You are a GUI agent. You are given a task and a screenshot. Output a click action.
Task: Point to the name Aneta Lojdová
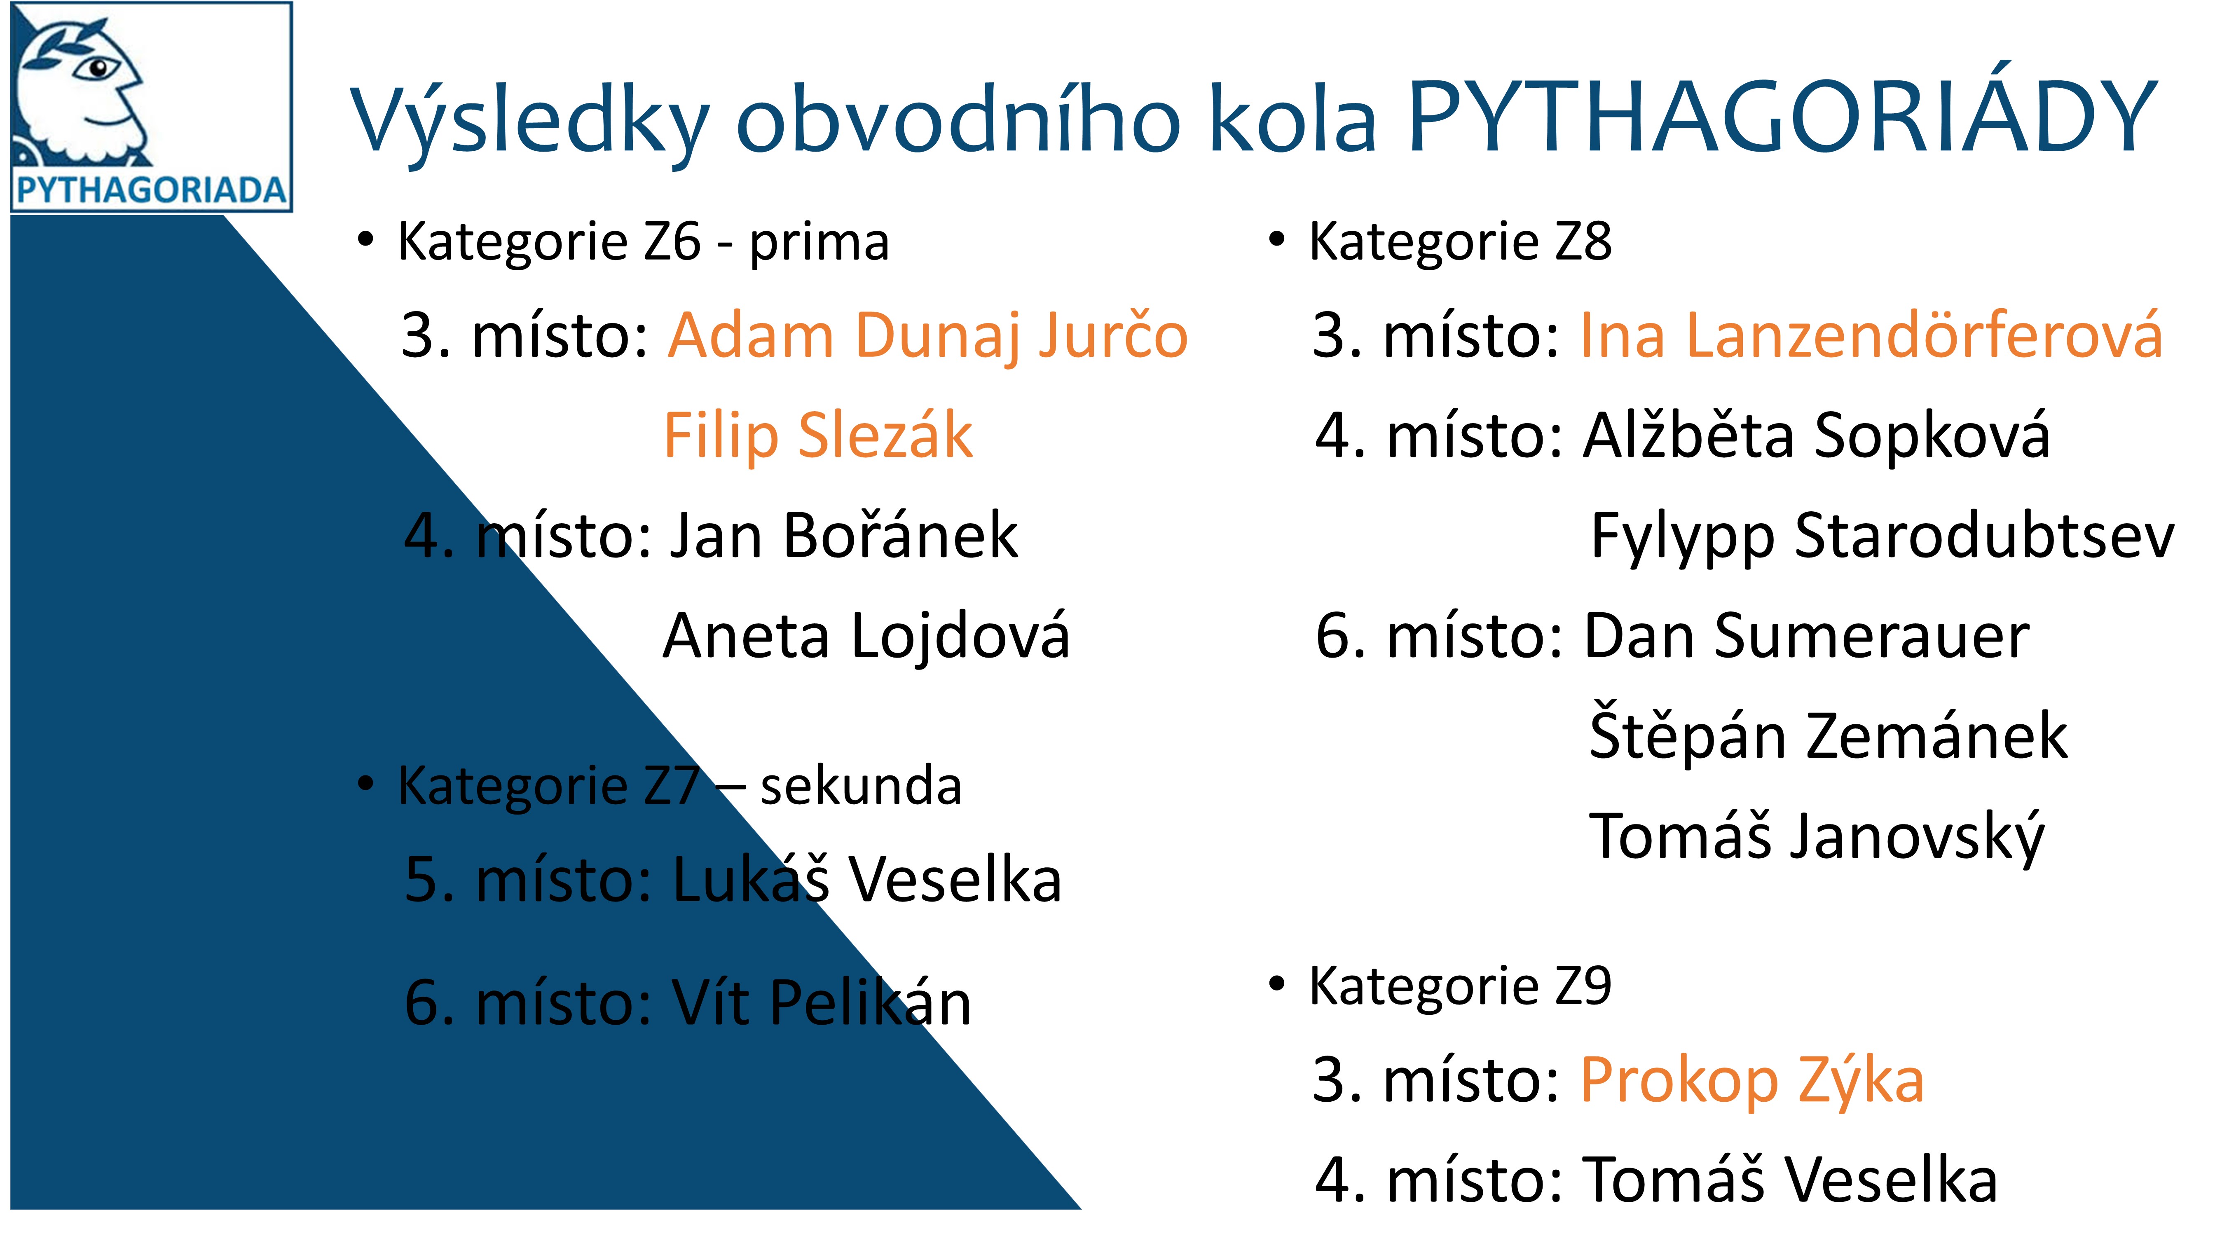[x=866, y=637]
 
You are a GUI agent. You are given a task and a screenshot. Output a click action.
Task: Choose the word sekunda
[x=861, y=786]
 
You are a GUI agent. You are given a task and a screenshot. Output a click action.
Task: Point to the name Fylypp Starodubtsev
[x=1881, y=536]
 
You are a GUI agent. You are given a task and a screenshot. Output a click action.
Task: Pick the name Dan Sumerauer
[x=1806, y=637]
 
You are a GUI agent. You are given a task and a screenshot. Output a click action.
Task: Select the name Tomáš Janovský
[x=1816, y=837]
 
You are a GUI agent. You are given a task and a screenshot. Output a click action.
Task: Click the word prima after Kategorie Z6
[x=819, y=243]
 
